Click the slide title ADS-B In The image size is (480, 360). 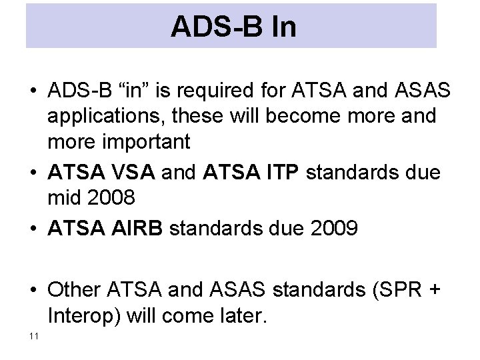click(233, 27)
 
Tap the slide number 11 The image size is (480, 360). click(33, 335)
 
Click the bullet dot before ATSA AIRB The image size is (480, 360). click(33, 229)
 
